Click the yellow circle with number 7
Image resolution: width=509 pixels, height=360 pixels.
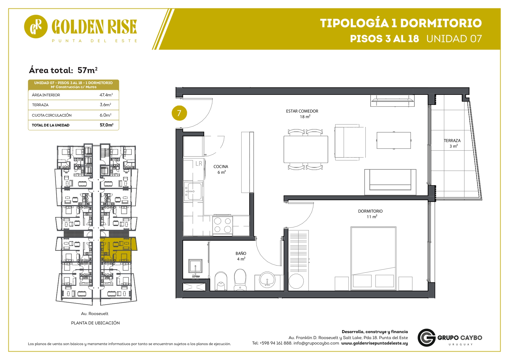point(179,113)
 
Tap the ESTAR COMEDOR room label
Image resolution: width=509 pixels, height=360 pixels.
point(302,111)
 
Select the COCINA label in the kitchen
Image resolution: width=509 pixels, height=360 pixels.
point(221,167)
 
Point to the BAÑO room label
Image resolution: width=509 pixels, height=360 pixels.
point(241,253)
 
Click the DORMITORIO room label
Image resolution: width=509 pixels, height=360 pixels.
point(370,211)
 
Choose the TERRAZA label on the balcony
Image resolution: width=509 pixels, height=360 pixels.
point(452,141)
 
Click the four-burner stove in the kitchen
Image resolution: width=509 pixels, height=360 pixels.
point(223,225)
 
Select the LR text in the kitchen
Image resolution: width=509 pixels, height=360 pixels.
point(199,164)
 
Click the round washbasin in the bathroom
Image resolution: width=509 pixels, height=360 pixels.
point(267,279)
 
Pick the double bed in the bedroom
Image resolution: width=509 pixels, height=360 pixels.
point(373,258)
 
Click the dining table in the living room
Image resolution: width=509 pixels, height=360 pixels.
point(306,149)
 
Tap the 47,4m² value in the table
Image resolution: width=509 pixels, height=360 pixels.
point(106,95)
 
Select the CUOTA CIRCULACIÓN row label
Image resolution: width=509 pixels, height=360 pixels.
point(52,115)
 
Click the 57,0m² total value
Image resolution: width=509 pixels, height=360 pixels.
point(107,125)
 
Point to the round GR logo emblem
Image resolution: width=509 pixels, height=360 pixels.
point(36,27)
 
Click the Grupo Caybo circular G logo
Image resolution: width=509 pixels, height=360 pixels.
point(426,338)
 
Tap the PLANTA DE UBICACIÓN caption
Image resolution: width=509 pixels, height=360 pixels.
point(95,323)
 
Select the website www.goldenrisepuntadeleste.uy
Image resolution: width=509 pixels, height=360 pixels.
point(374,343)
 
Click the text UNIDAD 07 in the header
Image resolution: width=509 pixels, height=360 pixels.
point(454,39)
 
